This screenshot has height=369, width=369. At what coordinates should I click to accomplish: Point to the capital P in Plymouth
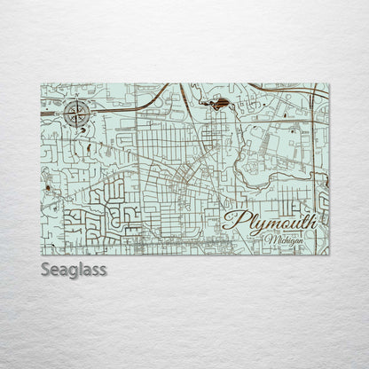coord(235,223)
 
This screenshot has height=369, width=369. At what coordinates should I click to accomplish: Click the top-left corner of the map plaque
coord(41,83)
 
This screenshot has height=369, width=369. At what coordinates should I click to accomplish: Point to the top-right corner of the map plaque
coord(329,83)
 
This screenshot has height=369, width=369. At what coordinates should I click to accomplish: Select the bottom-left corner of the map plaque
coord(41,255)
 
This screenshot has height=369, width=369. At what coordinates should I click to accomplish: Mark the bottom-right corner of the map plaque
coord(329,255)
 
